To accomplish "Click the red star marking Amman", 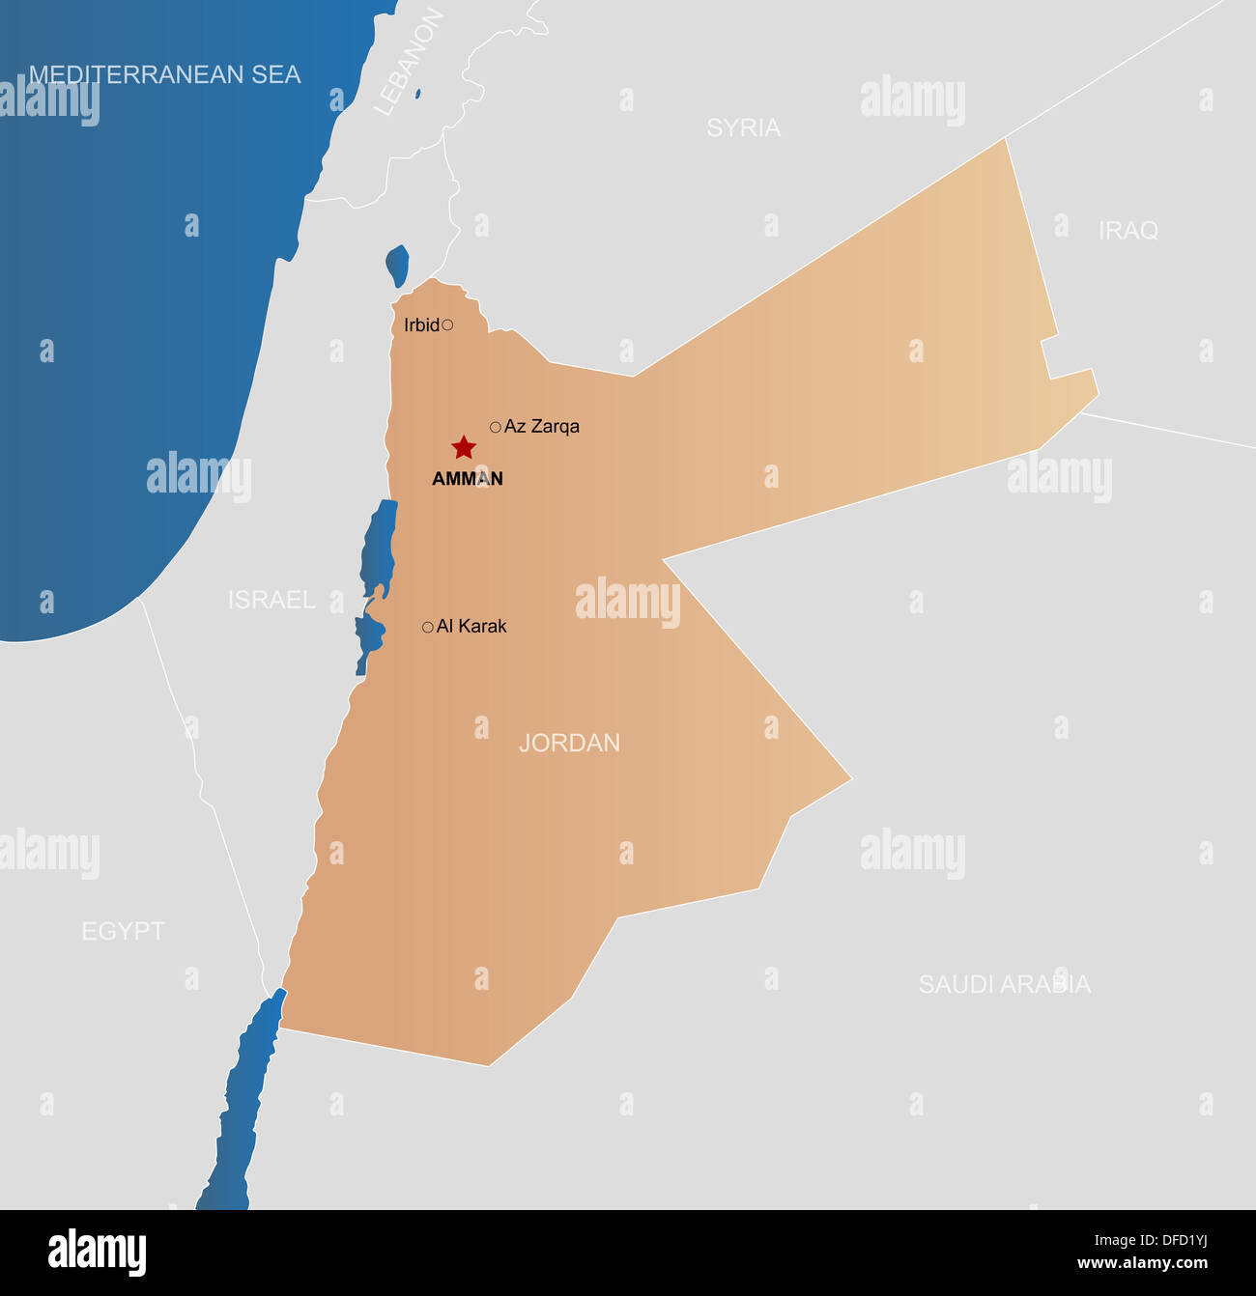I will [x=464, y=447].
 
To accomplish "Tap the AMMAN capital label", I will [x=468, y=479].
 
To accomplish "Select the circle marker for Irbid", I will [x=447, y=325].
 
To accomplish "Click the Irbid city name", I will [x=421, y=325].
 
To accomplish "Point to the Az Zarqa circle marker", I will [x=496, y=427].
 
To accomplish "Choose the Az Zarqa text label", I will [x=542, y=427].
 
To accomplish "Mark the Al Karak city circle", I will [x=428, y=628].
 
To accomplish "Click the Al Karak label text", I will [x=471, y=627].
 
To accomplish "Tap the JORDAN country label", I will [x=569, y=743].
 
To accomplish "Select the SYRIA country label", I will [x=743, y=127].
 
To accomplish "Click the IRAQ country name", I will [x=1128, y=231].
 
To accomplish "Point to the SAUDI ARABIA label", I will [x=1004, y=984].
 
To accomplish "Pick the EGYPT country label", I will [x=123, y=931].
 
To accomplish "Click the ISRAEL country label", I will [x=271, y=600].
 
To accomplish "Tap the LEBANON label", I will [x=409, y=64].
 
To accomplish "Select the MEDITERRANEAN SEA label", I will [x=164, y=74].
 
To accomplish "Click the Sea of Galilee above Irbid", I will [x=397, y=265].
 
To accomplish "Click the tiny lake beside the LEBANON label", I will [x=417, y=94].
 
